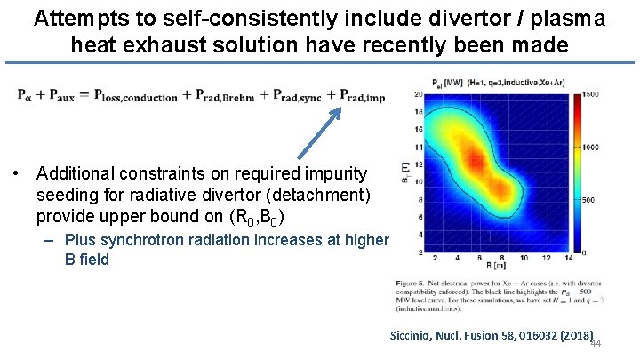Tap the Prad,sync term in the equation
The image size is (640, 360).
300,96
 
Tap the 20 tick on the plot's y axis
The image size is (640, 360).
417,94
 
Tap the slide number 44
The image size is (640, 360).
595,345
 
